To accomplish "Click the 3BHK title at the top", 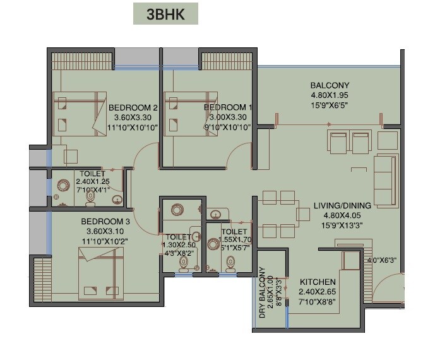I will click(x=165, y=15).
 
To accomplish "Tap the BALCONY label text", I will click(x=330, y=85).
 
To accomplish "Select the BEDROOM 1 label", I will click(x=229, y=107).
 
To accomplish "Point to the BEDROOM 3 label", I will click(x=105, y=222).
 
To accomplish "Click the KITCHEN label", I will click(x=318, y=281).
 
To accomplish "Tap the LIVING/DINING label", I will click(x=342, y=205).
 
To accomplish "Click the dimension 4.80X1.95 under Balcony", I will click(x=330, y=95).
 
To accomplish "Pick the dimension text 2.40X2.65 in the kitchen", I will click(x=318, y=292).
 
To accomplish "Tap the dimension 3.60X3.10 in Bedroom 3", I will click(x=105, y=231).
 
